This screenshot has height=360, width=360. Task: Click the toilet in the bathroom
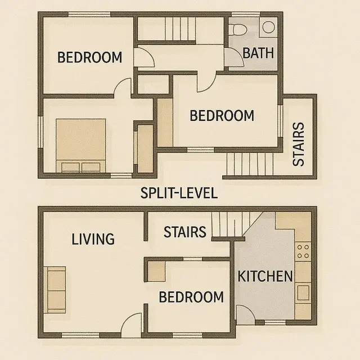239,29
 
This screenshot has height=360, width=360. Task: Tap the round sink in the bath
269,26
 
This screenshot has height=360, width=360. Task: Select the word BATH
258,53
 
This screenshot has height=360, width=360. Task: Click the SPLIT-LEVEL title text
179,193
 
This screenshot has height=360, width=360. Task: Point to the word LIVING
93,239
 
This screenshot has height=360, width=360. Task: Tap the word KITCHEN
265,276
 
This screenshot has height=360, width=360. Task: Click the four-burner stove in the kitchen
303,251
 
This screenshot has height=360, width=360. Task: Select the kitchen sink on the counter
303,293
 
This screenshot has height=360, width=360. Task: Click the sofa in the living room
55,290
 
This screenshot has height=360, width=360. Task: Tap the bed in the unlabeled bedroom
81,146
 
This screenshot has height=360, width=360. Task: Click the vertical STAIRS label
299,144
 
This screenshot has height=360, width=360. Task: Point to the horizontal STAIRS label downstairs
185,232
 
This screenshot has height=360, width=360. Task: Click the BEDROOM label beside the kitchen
191,297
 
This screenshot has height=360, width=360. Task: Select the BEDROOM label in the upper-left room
89,57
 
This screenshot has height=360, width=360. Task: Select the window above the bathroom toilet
246,14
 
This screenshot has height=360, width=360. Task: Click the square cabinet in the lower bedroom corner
156,272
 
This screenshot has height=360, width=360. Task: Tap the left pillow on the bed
70,168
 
